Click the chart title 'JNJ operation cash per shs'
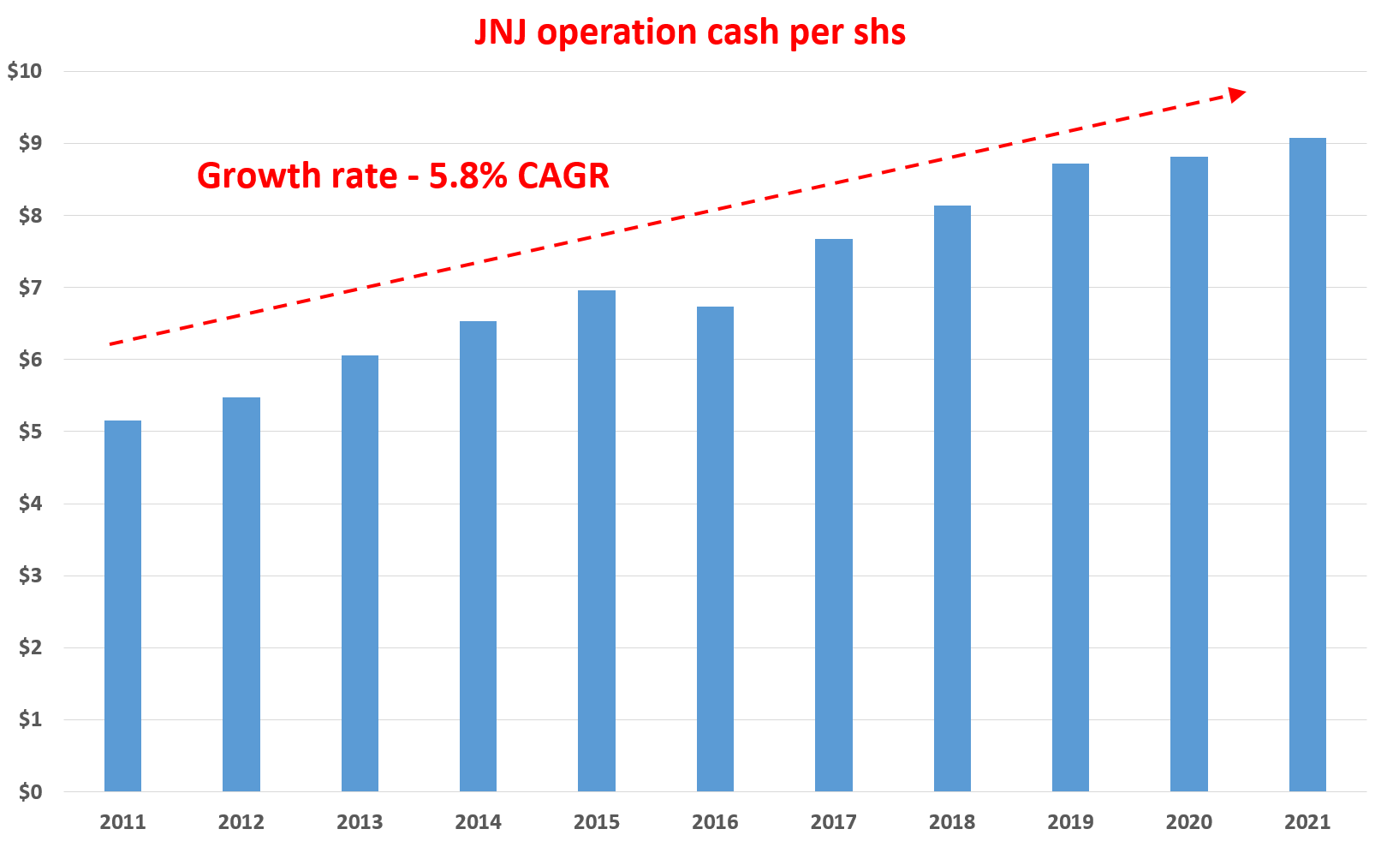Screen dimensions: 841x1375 [x=690, y=33]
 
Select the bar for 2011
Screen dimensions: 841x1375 [x=122, y=605]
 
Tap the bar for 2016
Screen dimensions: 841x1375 [x=715, y=548]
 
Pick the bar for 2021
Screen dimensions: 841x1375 [x=1307, y=464]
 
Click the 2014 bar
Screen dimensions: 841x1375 [x=478, y=556]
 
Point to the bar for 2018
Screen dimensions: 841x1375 [x=952, y=498]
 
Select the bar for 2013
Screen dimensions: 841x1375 [x=360, y=573]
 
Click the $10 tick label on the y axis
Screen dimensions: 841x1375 [x=25, y=71]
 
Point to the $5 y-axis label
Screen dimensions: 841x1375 [x=30, y=431]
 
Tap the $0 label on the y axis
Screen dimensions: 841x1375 [x=30, y=791]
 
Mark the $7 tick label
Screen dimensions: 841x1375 [x=30, y=287]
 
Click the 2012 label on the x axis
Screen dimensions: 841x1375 [x=241, y=822]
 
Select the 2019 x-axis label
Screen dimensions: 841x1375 [x=1070, y=822]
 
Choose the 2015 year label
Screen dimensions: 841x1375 [x=597, y=822]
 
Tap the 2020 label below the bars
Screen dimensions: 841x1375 [x=1189, y=822]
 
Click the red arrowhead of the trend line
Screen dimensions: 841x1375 [x=1237, y=93]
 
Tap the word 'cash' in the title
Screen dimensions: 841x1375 [x=742, y=33]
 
